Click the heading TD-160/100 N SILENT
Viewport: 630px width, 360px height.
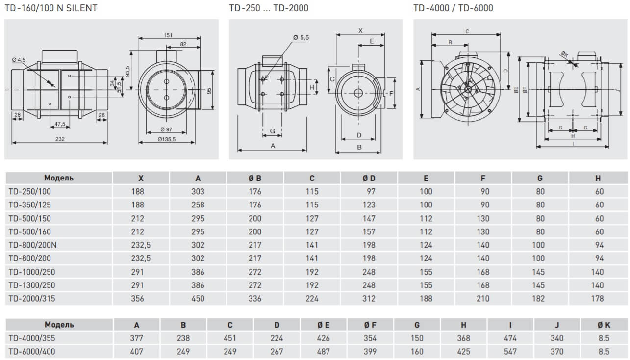click(x=51, y=8)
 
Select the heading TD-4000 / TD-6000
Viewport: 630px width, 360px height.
click(x=453, y=8)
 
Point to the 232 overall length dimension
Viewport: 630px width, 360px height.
click(x=60, y=139)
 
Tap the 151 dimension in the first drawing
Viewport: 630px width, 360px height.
click(x=168, y=35)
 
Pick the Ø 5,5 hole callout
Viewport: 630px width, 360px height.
click(x=301, y=38)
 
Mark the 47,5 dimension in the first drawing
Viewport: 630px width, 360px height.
click(x=60, y=124)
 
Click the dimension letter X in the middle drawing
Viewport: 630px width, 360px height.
click(x=360, y=30)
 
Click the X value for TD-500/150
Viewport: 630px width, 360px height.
click(x=141, y=218)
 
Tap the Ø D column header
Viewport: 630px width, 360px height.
click(x=369, y=178)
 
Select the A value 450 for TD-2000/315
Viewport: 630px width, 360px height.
click(x=198, y=298)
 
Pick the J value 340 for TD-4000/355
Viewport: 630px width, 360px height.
click(x=557, y=338)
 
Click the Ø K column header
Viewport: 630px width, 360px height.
click(x=604, y=325)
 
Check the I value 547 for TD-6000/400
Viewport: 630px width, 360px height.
click(x=510, y=351)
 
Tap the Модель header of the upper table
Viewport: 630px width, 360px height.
click(x=59, y=178)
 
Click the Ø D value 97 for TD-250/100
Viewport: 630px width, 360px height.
click(x=370, y=192)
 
